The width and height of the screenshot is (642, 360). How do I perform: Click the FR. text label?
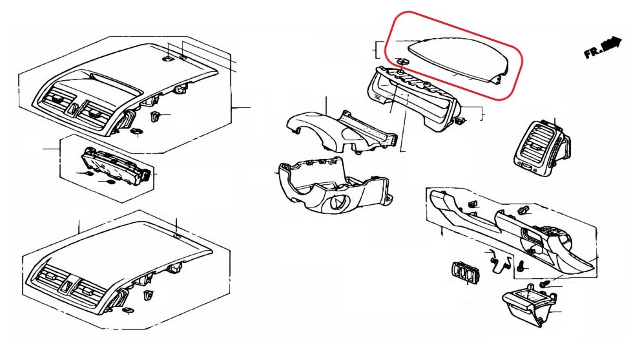pos(593,52)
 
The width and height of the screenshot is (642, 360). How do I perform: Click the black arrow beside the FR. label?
pos(612,43)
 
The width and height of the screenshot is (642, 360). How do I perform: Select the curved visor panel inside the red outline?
pos(459,59)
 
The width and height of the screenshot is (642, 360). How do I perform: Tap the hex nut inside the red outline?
pos(402,62)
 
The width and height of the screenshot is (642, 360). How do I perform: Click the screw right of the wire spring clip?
pos(521,266)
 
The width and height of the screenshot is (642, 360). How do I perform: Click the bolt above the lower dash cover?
pos(522,211)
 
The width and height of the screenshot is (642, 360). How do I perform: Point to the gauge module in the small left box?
pos(117,167)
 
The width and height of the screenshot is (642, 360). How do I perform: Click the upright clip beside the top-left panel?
pos(156,116)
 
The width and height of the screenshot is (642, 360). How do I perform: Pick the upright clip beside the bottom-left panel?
pos(148,295)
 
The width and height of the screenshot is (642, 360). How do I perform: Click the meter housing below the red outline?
pos(413,98)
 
